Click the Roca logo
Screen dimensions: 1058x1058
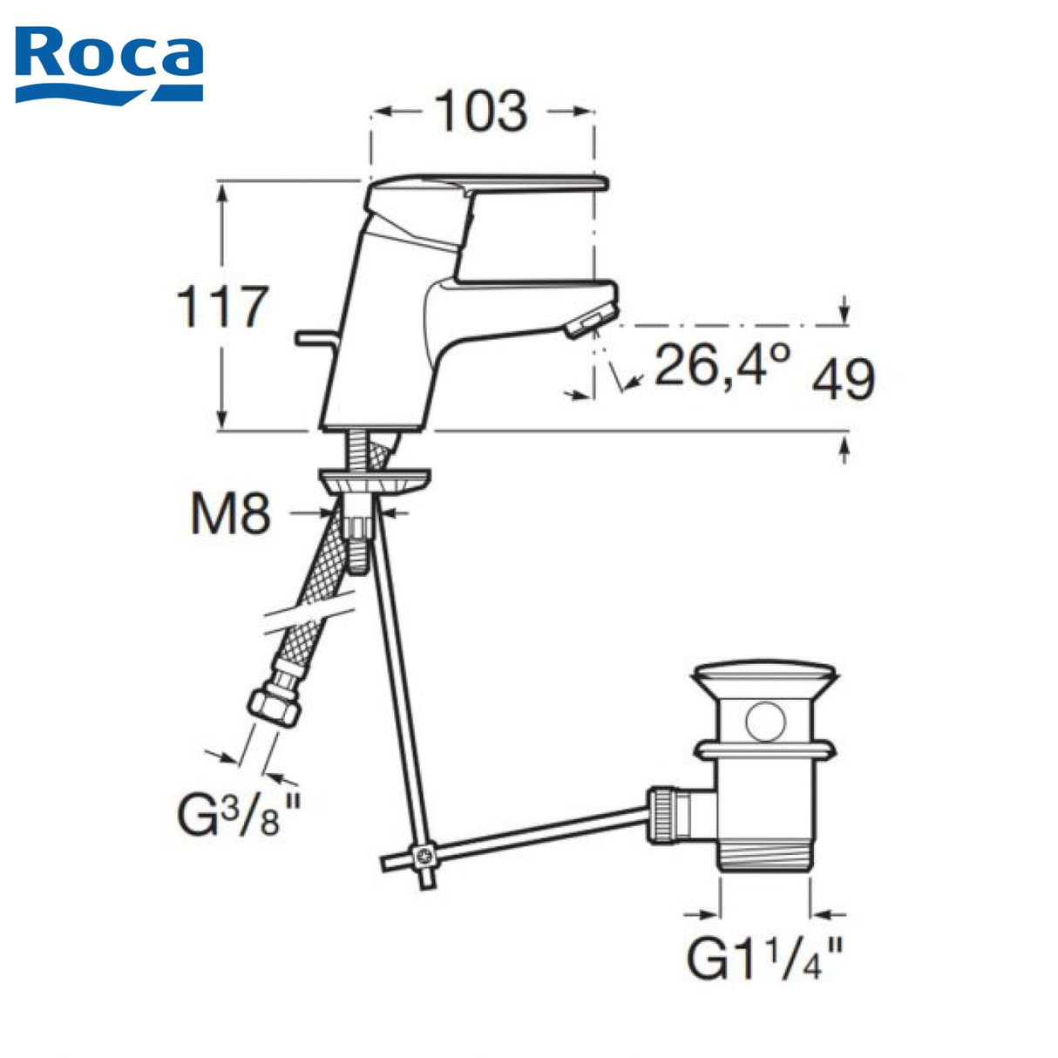point(109,65)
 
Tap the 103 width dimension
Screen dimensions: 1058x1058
point(481,112)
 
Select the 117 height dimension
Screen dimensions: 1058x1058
point(223,307)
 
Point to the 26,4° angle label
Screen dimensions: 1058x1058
point(722,365)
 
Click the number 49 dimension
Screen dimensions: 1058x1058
point(844,379)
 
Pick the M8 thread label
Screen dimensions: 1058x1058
point(231,513)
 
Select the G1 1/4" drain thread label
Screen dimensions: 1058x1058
point(764,959)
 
